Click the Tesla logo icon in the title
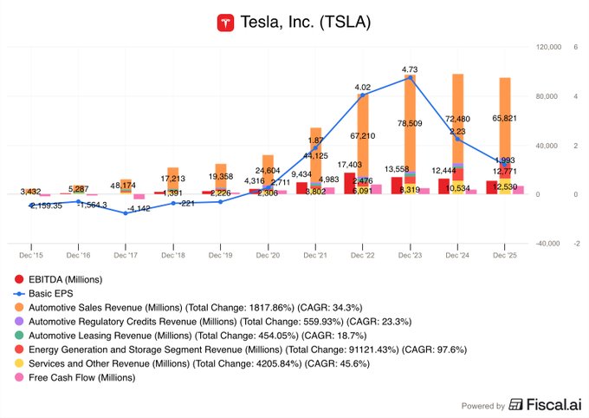pyautogui.click(x=227, y=23)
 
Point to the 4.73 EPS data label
pyautogui.click(x=411, y=69)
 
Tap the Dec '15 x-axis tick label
pyautogui.click(x=30, y=255)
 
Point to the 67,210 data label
pyautogui.click(x=362, y=136)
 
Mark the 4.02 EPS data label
pyautogui.click(x=364, y=88)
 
